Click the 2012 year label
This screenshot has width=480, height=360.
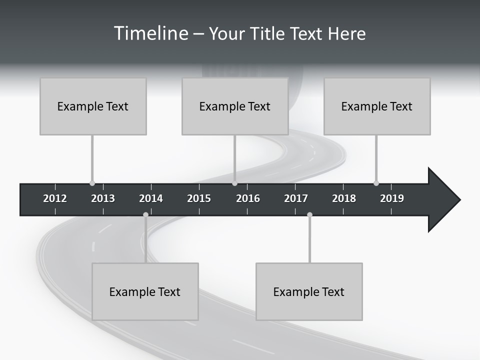coord(55,198)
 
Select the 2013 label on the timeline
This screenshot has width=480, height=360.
coord(103,198)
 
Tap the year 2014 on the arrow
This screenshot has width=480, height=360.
coord(151,198)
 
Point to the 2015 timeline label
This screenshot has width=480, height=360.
coord(199,198)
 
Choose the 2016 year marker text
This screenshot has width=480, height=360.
coord(248,198)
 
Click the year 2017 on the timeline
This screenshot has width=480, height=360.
coord(296,198)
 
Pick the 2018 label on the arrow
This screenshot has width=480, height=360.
coord(344,198)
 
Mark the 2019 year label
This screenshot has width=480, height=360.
coord(392,198)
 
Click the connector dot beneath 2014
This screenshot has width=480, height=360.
coord(145,215)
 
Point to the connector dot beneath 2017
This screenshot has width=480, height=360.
coord(309,215)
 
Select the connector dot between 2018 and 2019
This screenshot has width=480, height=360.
coord(376,183)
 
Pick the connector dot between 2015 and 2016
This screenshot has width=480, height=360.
coord(234,183)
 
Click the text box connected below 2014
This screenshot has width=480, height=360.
coord(145,291)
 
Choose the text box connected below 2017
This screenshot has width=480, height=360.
coord(309,291)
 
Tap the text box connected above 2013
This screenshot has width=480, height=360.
coord(93,106)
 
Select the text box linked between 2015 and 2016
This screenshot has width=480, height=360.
coord(235,106)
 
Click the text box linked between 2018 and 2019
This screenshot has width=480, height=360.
coord(377,106)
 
